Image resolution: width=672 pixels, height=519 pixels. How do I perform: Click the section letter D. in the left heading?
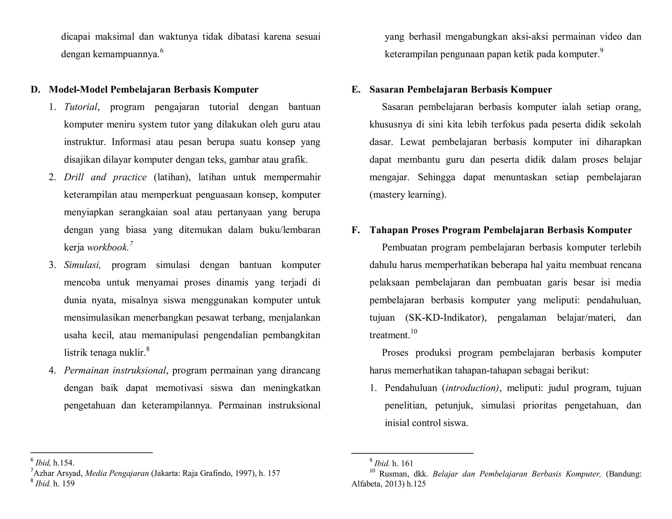click(35, 90)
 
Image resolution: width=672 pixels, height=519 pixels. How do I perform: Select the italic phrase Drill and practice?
click(105, 177)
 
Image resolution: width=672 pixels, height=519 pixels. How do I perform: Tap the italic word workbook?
click(108, 248)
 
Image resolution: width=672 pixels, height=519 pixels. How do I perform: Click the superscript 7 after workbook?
click(131, 244)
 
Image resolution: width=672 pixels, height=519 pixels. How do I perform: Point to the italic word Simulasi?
click(82, 265)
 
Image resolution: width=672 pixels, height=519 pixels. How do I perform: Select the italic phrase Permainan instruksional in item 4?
click(115, 370)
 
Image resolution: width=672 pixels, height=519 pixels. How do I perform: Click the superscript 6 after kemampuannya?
click(161, 51)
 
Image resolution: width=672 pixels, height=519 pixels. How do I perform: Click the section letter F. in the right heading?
click(356, 230)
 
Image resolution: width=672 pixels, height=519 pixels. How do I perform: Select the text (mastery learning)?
click(408, 195)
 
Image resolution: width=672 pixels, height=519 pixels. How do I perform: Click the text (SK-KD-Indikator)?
click(446, 318)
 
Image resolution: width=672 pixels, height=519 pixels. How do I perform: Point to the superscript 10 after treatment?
click(414, 331)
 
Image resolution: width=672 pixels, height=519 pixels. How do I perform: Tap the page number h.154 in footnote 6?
click(64, 463)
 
